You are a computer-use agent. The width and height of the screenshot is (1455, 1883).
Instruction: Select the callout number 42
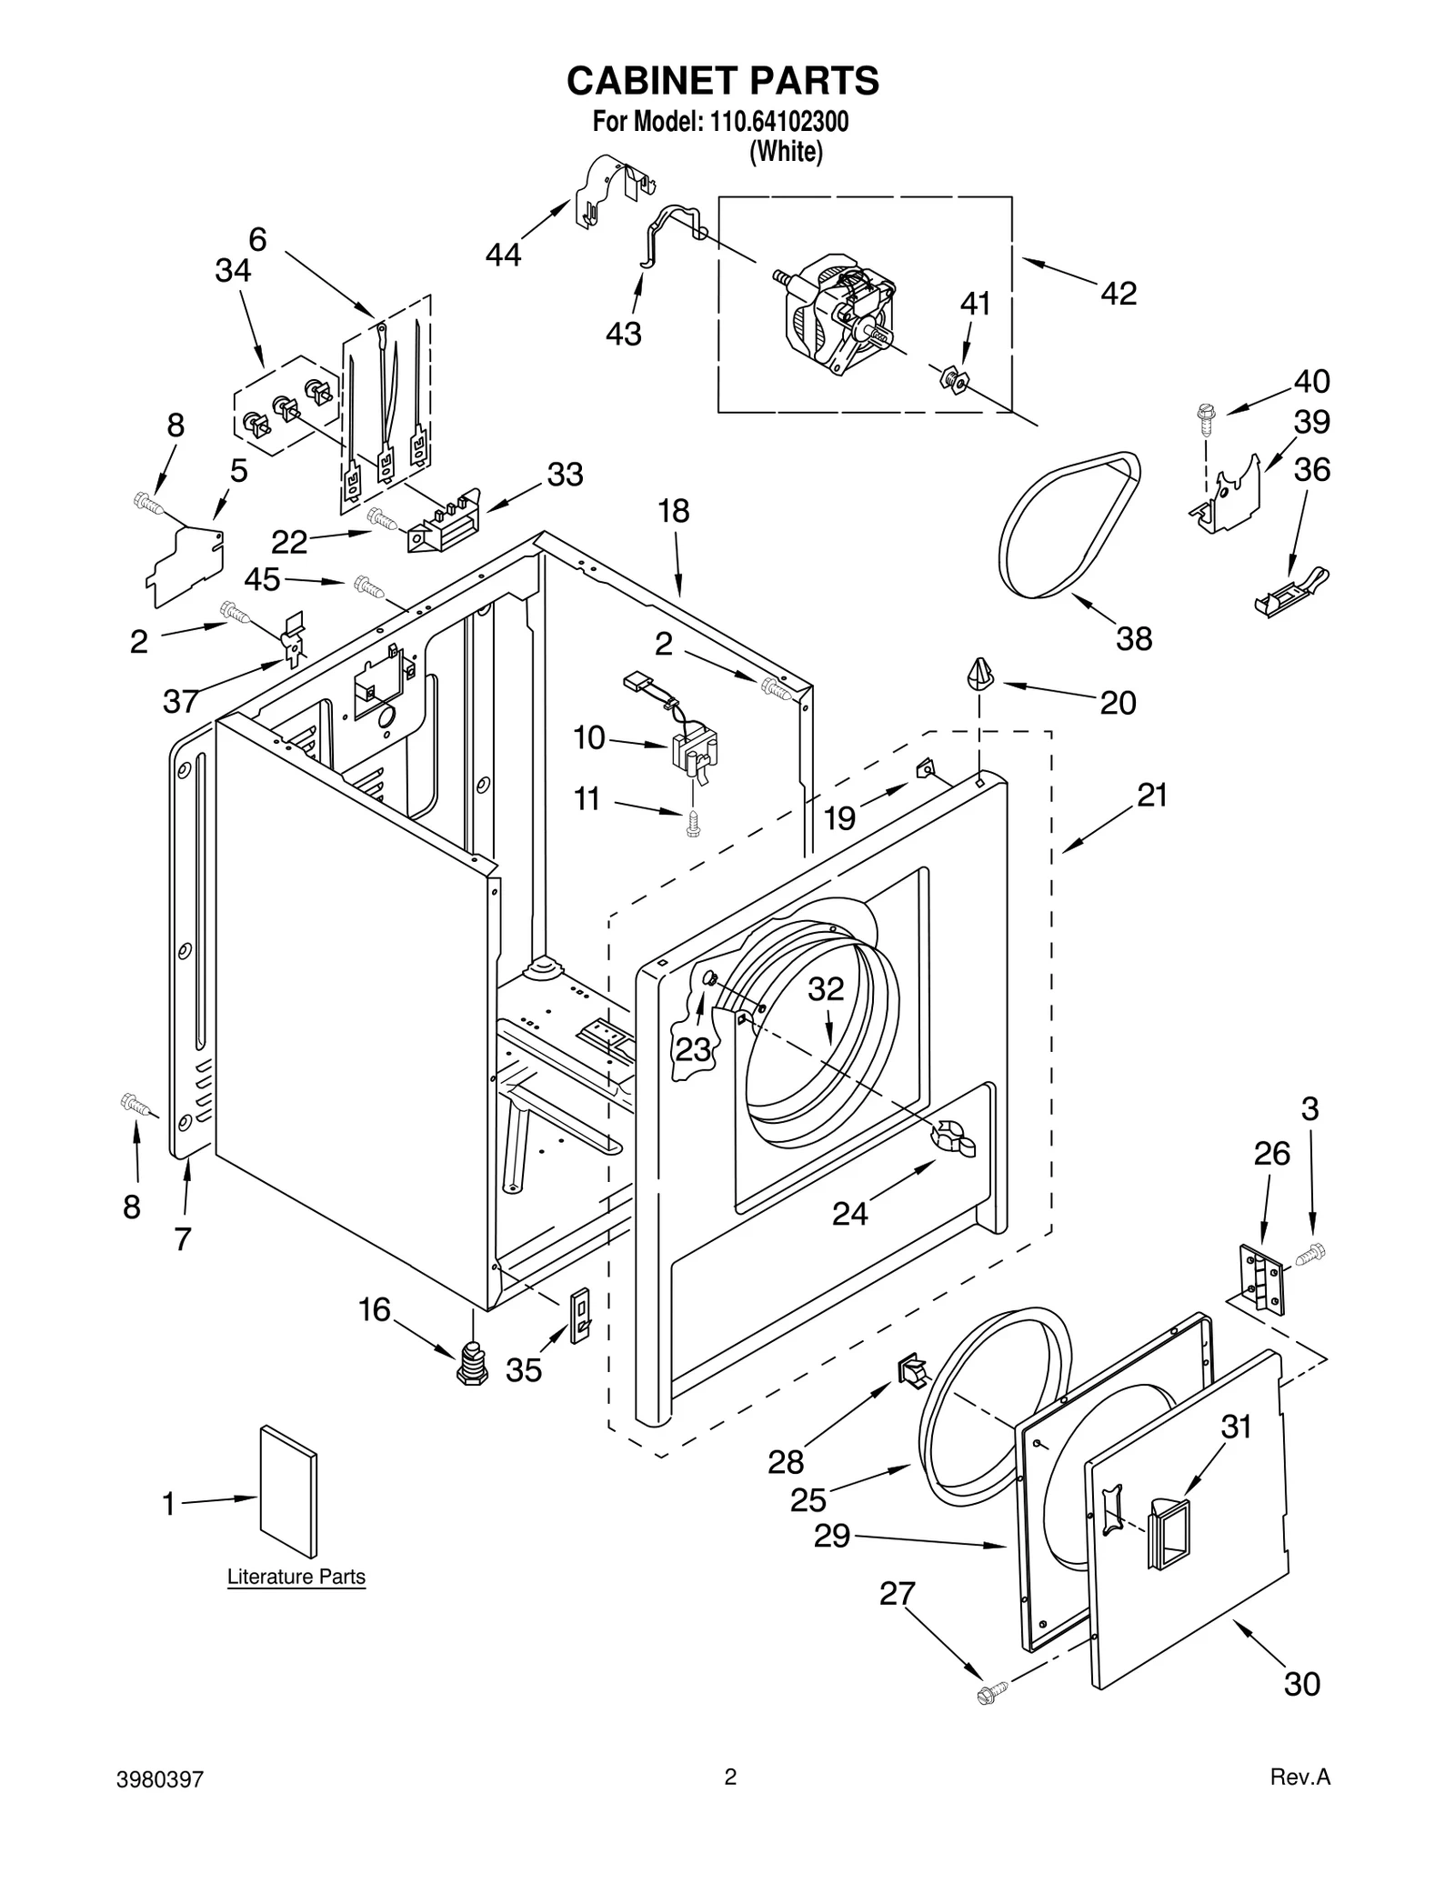[1118, 293]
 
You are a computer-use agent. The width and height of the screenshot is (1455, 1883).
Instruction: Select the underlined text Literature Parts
[296, 1578]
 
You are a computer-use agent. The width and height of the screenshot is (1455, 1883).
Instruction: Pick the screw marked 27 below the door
[990, 1692]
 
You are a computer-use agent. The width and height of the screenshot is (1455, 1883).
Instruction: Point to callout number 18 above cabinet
[673, 511]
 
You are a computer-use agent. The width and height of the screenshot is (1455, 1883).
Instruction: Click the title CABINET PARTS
[723, 80]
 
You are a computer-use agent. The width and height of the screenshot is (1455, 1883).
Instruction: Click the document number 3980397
[160, 1803]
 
